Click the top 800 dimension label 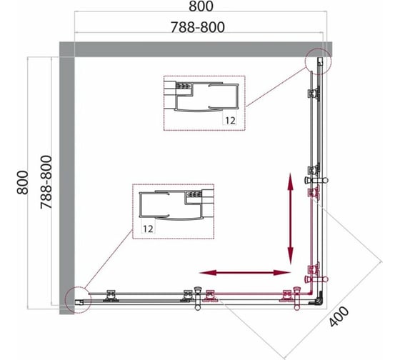(x=201, y=6)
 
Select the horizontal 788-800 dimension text (x=198, y=27)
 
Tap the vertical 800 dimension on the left (x=22, y=182)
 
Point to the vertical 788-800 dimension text (x=46, y=182)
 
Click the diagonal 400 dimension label (x=339, y=316)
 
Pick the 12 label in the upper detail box (x=230, y=121)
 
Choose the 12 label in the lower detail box (x=148, y=229)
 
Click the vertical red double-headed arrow (x=290, y=219)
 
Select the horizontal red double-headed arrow (x=245, y=273)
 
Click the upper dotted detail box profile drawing (x=204, y=103)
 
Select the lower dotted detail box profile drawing (x=173, y=211)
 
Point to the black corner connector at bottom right (x=317, y=300)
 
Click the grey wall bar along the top (x=196, y=49)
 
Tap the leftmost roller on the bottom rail (x=111, y=296)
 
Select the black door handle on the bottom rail (x=198, y=299)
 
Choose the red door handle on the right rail (x=316, y=279)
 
